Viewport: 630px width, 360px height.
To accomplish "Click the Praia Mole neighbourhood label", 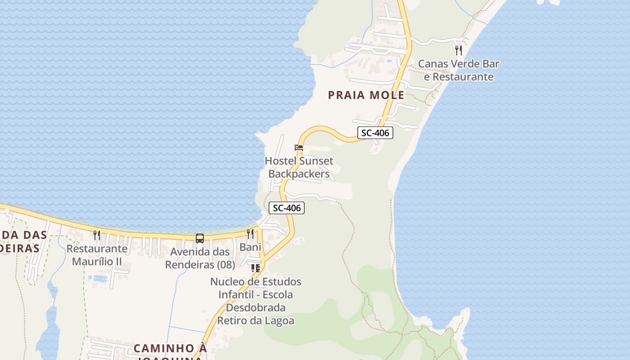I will tap(366, 95).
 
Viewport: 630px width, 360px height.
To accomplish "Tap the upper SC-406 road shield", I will tap(375, 133).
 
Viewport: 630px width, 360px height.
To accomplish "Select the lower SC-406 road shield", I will tap(287, 208).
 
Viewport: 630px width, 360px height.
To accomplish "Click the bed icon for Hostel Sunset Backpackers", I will tap(298, 148).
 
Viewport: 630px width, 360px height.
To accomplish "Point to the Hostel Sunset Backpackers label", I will tap(299, 167).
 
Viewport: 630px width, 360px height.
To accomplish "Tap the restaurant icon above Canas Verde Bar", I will tap(459, 50).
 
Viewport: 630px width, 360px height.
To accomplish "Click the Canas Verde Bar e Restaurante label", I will tap(459, 70).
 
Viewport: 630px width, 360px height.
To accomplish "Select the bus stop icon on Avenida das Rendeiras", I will tap(199, 238).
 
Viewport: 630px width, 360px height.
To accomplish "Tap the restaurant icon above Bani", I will tap(250, 234).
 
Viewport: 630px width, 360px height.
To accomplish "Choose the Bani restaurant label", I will tap(250, 247).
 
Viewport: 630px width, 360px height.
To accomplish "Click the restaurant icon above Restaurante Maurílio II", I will tap(97, 235).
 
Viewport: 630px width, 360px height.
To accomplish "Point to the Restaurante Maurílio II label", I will tap(97, 255).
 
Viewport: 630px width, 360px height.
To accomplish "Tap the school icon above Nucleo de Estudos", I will tap(256, 268).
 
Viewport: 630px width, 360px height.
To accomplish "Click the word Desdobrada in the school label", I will tap(256, 308).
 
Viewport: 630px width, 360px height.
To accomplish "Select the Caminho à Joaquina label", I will tap(170, 349).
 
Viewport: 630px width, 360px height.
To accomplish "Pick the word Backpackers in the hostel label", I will tap(299, 174).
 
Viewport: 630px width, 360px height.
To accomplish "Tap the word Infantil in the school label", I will tap(237, 295).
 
